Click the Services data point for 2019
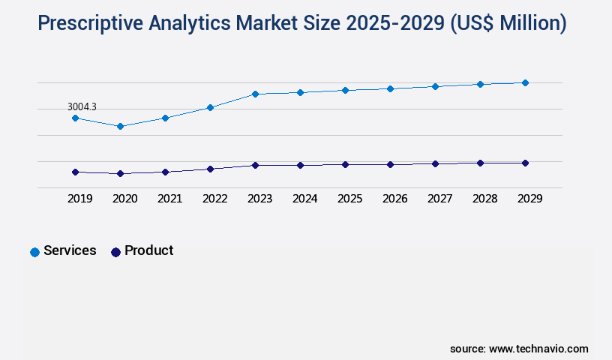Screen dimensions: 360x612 click(75, 118)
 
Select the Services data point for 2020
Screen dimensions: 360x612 click(120, 126)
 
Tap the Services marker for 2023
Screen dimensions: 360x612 click(255, 94)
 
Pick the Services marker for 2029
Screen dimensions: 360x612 click(525, 82)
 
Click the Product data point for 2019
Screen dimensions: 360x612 click(75, 172)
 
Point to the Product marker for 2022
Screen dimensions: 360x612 click(210, 169)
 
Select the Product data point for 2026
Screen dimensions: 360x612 click(390, 164)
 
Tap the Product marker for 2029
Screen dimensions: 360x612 click(525, 163)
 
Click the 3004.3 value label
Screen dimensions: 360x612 click(82, 107)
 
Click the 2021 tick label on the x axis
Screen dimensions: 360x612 click(169, 199)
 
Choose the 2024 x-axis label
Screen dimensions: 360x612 click(304, 199)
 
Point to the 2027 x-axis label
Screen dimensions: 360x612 click(439, 199)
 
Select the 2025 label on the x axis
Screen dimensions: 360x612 click(349, 199)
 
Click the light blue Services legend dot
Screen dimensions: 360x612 click(34, 252)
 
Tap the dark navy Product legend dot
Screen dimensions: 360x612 click(115, 252)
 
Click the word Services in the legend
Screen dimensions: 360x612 click(70, 250)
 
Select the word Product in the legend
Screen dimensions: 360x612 click(148, 250)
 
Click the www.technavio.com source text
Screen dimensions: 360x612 click(538, 349)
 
